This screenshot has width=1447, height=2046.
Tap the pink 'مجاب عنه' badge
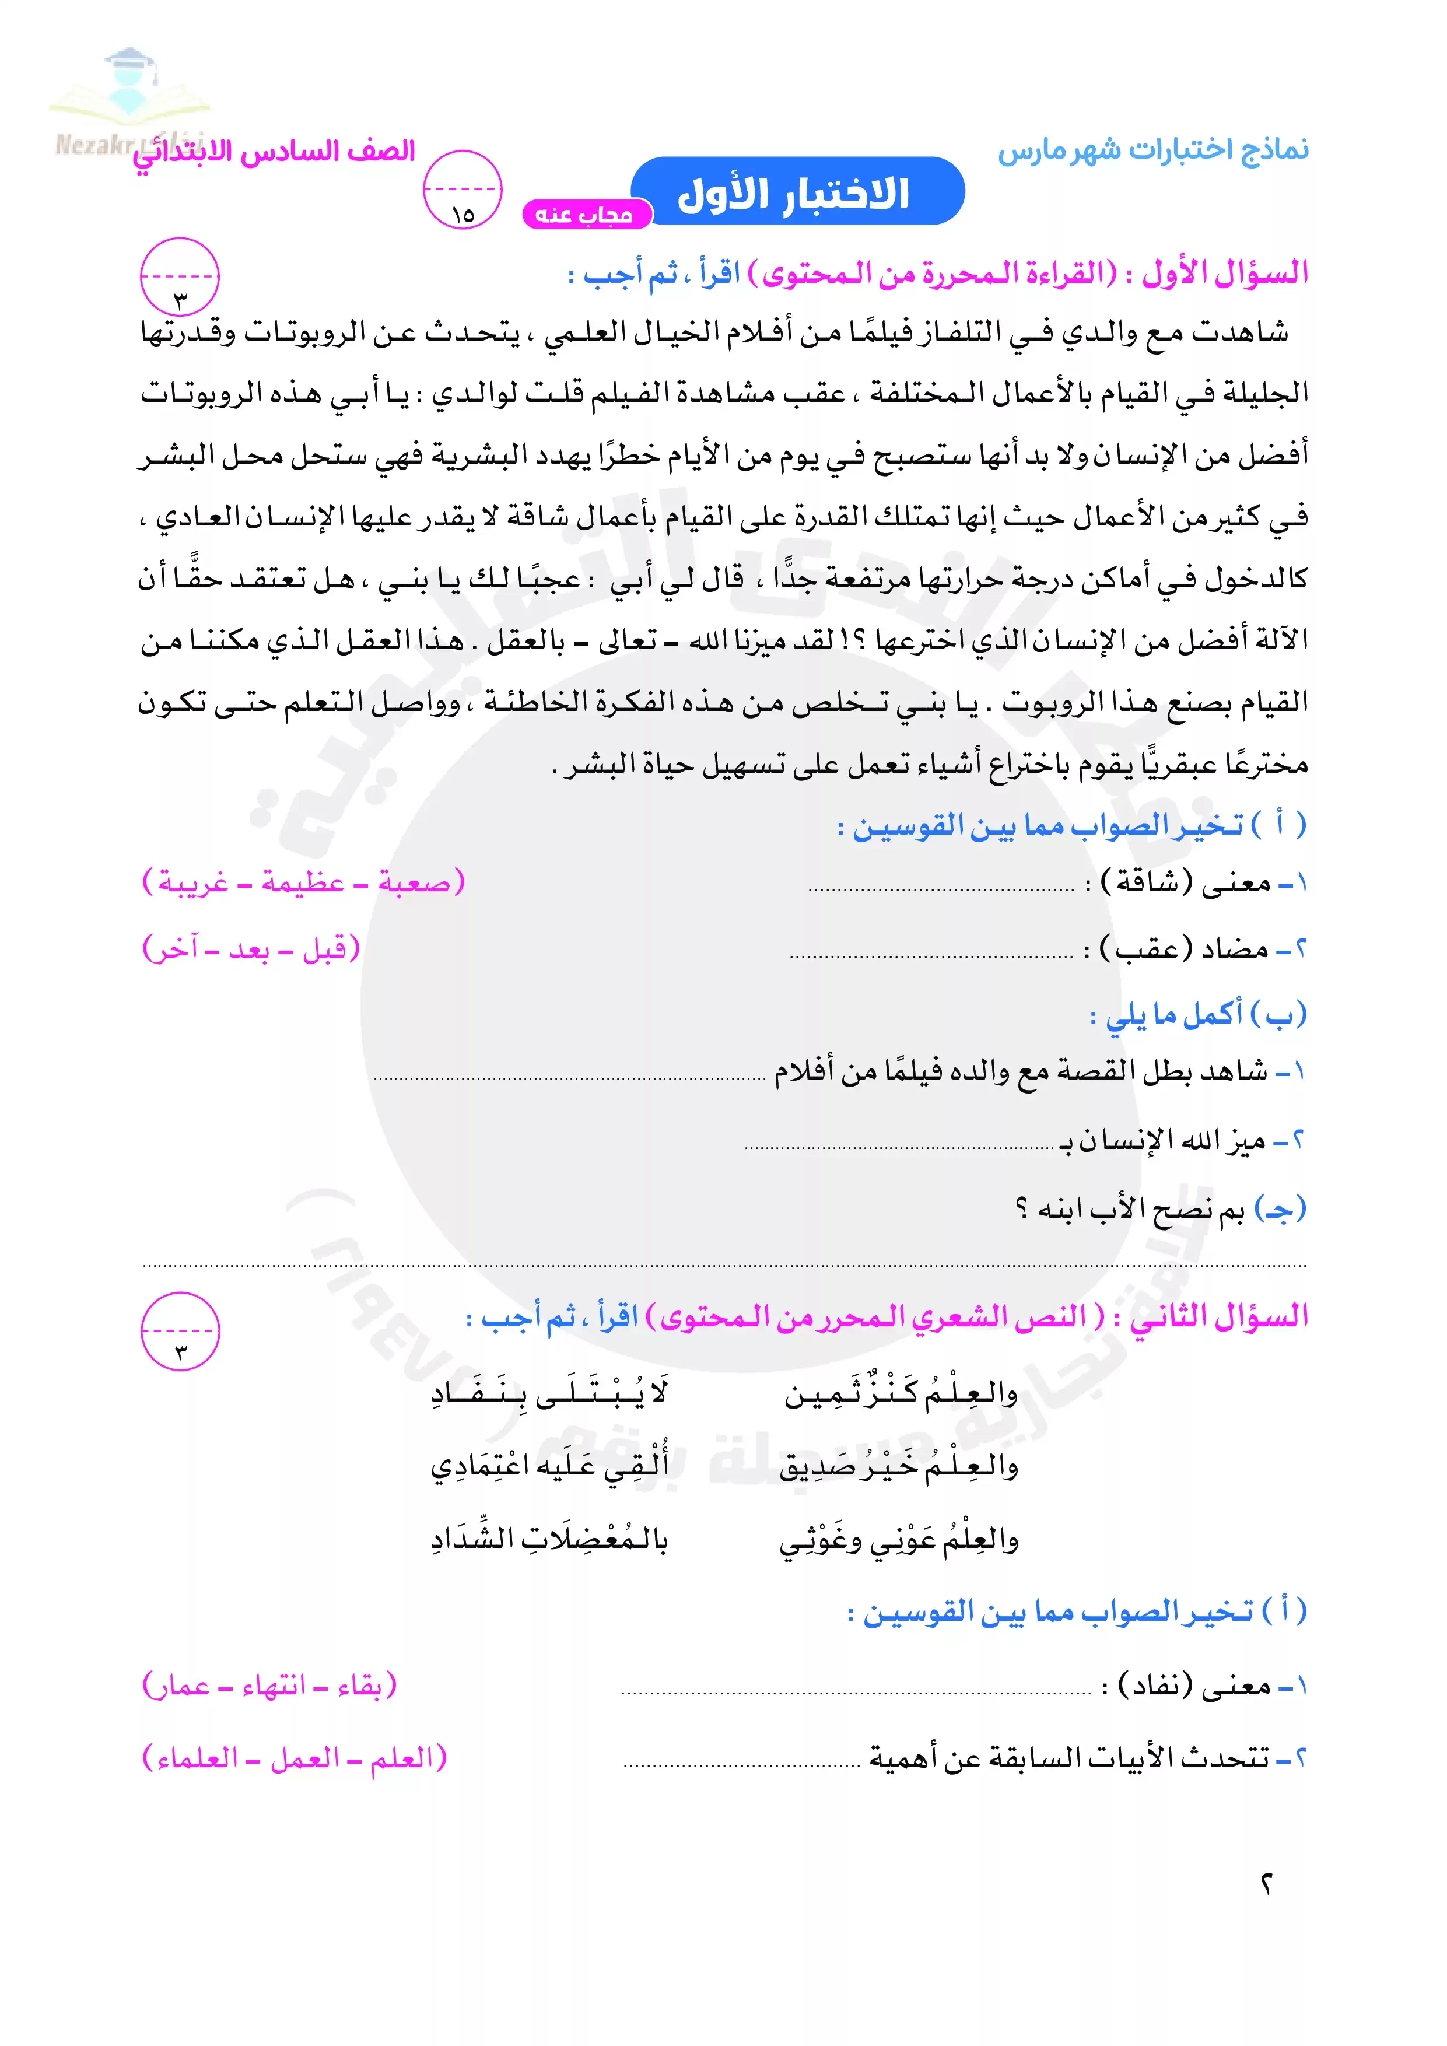click(x=584, y=215)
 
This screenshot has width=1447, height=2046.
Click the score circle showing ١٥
click(x=463, y=190)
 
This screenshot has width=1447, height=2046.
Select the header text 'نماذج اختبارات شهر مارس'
click(x=1153, y=150)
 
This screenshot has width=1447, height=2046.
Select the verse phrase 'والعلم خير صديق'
click(x=898, y=1467)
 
